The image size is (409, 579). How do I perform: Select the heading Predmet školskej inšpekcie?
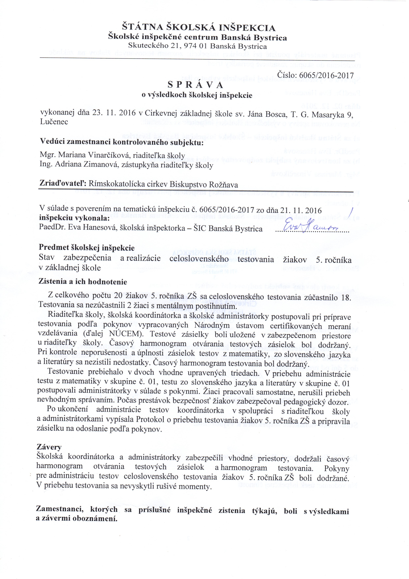pos(86,248)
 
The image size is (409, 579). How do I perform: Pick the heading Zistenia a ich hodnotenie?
pos(83,281)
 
